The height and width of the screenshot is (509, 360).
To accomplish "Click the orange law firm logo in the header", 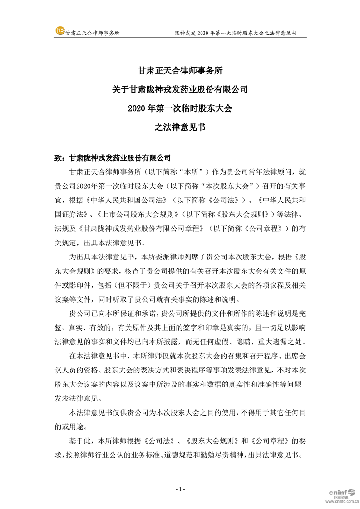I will [60, 31].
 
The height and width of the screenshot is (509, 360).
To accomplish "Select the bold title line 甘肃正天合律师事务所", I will [180, 71].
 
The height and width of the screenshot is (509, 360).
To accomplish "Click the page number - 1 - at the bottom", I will [180, 489].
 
